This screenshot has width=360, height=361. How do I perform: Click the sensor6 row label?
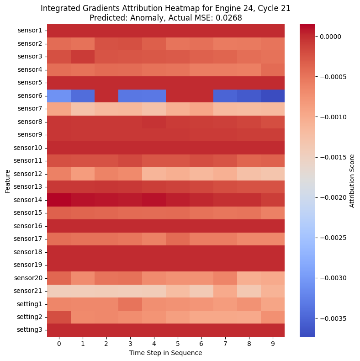click(30, 96)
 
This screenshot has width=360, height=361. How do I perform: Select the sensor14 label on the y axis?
click(30, 200)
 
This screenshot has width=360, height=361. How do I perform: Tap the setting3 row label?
click(30, 330)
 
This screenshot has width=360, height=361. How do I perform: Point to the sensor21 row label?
click(30, 291)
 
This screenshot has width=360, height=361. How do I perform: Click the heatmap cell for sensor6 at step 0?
click(59, 96)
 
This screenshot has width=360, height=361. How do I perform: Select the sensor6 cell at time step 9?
click(273, 96)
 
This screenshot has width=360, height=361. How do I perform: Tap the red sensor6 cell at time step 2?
click(106, 96)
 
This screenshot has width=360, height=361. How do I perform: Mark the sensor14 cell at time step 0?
click(59, 200)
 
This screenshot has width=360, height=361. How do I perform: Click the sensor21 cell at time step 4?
click(154, 291)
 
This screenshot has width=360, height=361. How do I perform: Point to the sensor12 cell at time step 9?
click(273, 174)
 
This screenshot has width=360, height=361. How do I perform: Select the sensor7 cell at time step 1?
click(83, 109)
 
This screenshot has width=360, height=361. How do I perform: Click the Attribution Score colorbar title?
click(352, 180)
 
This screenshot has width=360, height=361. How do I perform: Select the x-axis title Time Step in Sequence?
click(165, 353)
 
